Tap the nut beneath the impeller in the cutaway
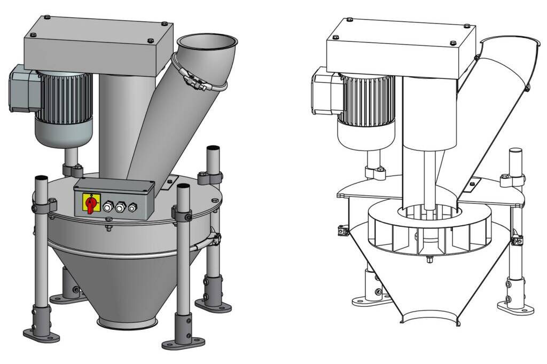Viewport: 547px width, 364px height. tap(429, 260)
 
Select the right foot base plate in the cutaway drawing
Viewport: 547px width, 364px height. tap(515, 308)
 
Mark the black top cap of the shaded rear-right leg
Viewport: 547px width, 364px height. tap(213, 147)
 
